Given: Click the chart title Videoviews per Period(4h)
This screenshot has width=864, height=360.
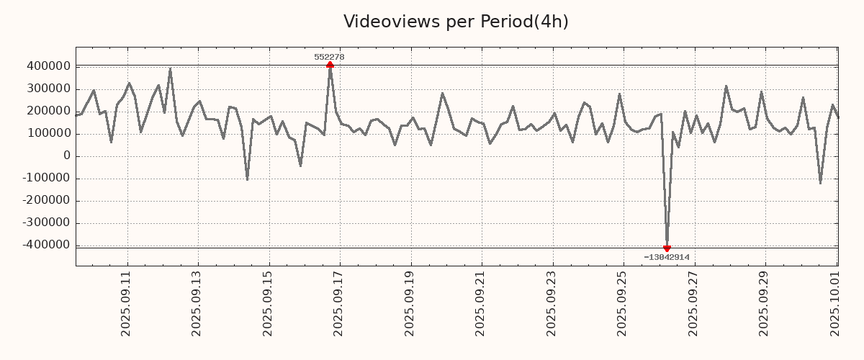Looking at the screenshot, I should click(456, 22).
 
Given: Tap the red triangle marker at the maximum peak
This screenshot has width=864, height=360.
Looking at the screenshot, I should click(330, 65).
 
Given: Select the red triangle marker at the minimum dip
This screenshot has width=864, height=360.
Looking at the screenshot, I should click(667, 248).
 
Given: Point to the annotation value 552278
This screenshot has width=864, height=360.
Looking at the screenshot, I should click(329, 57).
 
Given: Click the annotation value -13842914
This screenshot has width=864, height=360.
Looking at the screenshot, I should click(667, 257).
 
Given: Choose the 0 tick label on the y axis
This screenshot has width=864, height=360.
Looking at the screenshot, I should click(67, 156).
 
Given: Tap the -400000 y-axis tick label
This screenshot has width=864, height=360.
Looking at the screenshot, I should click(45, 246).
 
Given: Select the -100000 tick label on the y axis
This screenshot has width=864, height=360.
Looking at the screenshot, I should click(45, 179).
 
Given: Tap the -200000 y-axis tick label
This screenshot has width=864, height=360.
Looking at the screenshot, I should click(45, 201).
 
